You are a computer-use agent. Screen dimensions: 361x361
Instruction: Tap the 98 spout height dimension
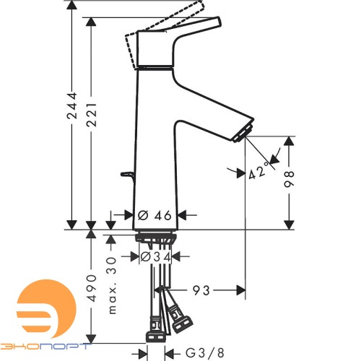click(x=290, y=180)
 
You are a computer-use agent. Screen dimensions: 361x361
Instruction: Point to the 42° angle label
click(x=259, y=170)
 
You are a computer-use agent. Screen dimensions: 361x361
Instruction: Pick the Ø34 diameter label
click(x=155, y=256)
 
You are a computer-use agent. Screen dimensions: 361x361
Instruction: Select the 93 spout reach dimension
click(x=201, y=290)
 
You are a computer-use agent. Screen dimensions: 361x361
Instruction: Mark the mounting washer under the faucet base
click(x=155, y=235)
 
